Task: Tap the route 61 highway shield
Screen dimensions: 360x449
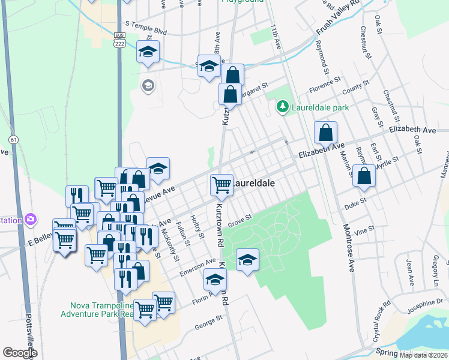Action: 13,140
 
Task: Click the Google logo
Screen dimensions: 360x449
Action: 20,352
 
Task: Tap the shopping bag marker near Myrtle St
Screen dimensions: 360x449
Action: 364,176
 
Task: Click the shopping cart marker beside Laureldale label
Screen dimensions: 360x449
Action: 221,185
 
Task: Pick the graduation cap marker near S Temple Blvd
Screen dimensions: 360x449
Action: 147,52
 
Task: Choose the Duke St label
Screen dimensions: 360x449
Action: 355,204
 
